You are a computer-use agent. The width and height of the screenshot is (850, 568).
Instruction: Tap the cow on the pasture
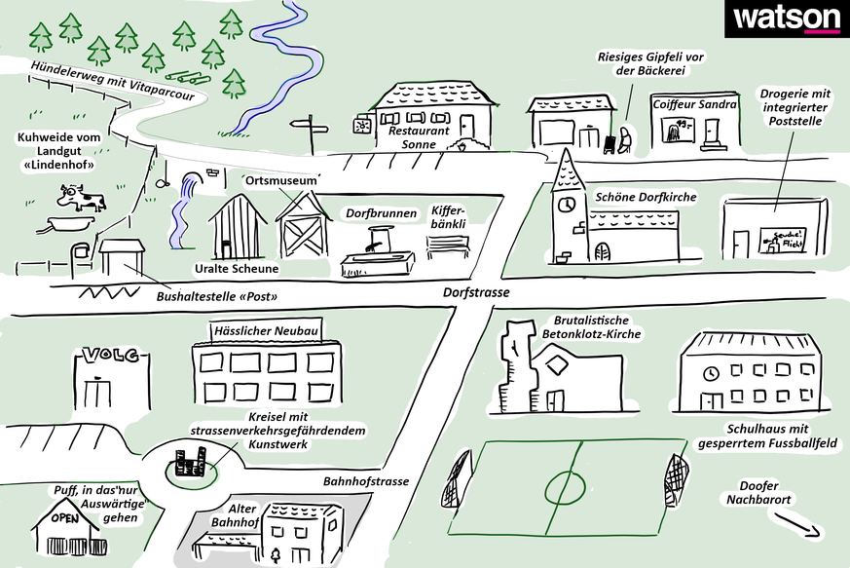click(x=80, y=199)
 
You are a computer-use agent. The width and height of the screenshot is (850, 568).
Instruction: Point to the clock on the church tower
click(x=566, y=205)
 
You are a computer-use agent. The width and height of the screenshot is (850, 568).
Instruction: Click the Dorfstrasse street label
click(x=477, y=291)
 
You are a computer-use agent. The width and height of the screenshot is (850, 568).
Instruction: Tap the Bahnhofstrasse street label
click(x=366, y=481)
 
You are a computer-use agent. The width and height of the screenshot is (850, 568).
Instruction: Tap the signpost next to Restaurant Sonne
click(x=310, y=133)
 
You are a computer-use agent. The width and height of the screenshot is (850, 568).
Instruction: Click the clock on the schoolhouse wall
click(x=713, y=372)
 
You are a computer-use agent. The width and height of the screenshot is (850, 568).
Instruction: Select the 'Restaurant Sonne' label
click(x=419, y=136)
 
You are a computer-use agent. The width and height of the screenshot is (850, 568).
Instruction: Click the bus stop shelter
click(x=122, y=257)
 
